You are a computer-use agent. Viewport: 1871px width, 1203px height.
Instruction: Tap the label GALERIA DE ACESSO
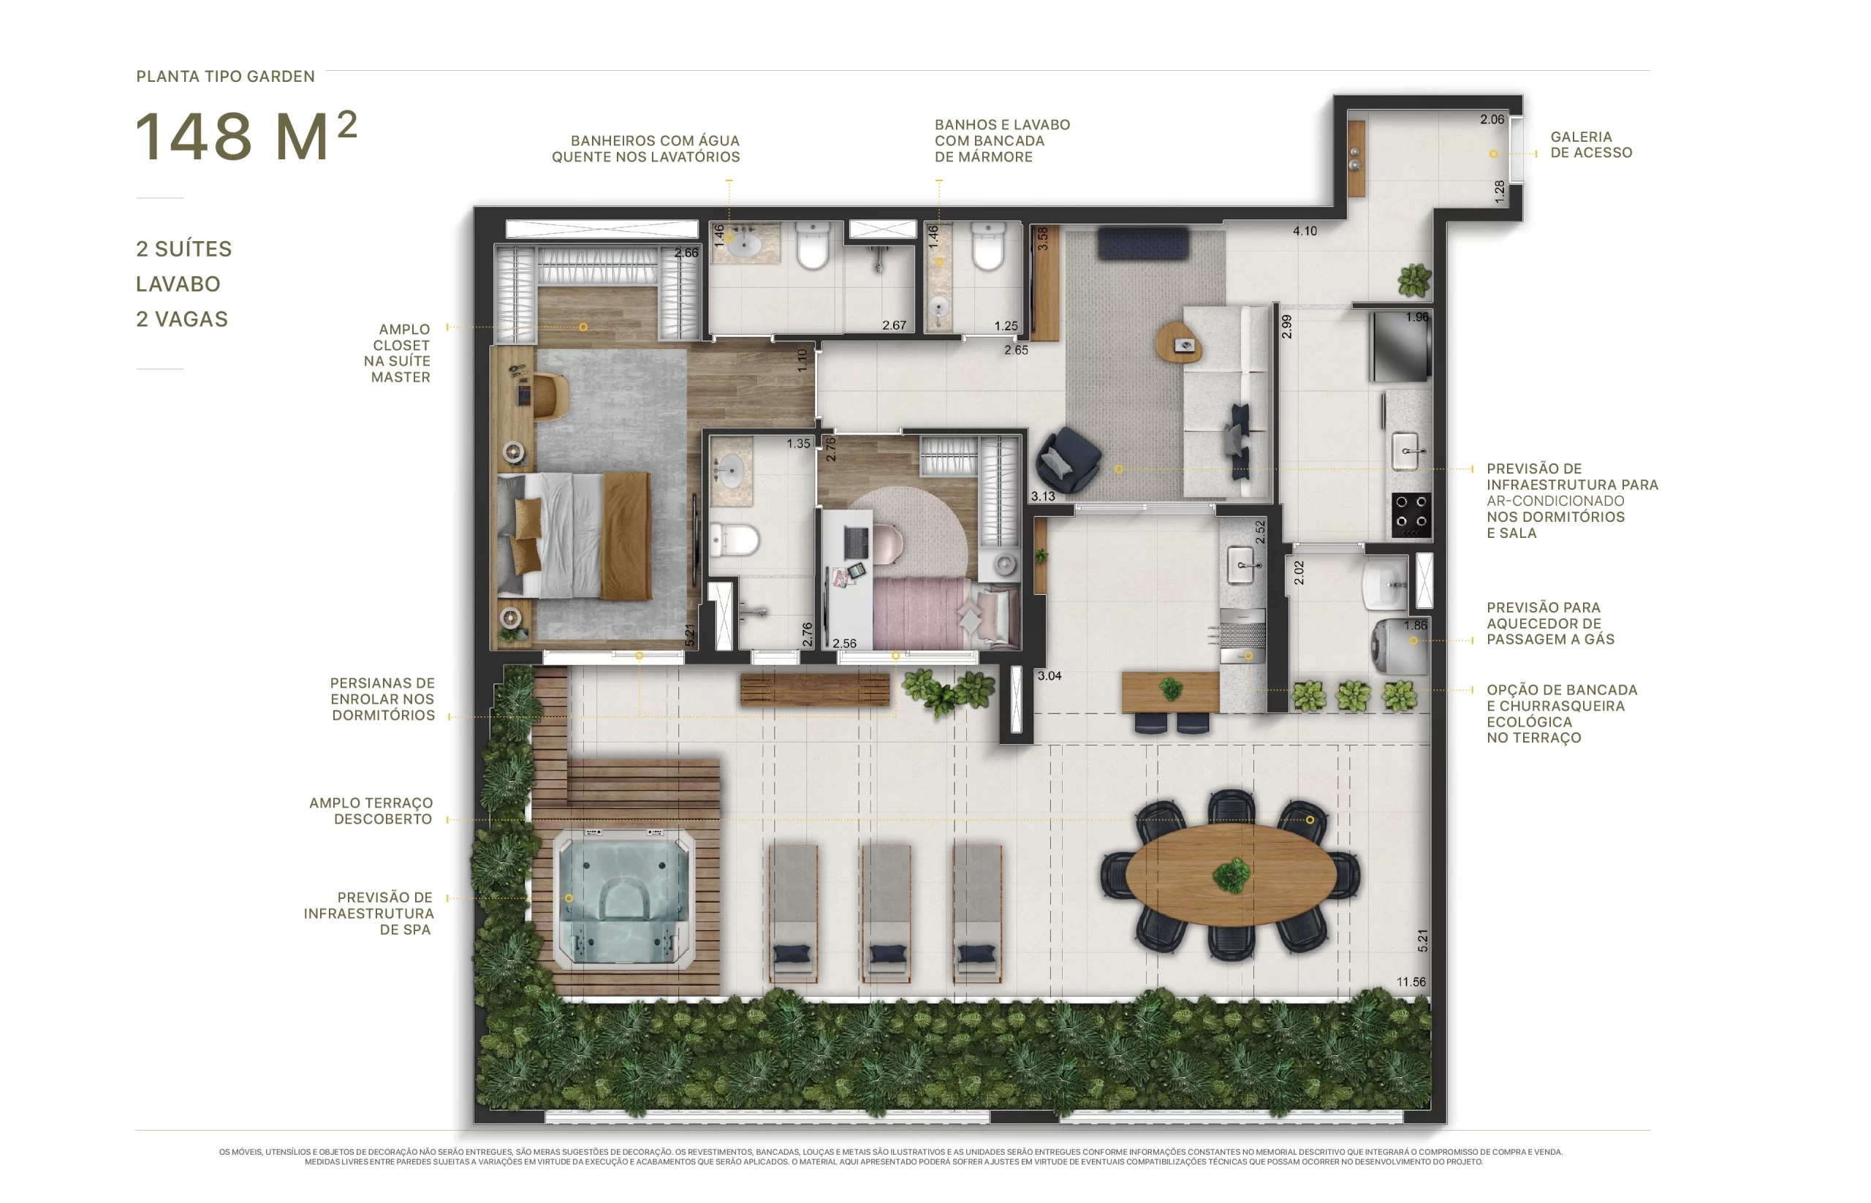pos(1590,145)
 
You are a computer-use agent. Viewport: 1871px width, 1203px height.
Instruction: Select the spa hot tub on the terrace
pos(623,898)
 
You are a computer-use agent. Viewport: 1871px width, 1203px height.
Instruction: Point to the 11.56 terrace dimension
pos(1410,982)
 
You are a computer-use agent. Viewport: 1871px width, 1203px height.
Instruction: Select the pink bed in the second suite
pos(945,614)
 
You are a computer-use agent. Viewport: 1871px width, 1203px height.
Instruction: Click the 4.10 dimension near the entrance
pos(1304,231)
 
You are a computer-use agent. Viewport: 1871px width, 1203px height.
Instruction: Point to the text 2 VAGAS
pos(182,319)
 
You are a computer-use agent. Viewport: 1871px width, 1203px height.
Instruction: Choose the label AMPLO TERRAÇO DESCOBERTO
pos(371,811)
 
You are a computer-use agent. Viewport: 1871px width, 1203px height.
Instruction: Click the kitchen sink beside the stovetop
pos(1406,451)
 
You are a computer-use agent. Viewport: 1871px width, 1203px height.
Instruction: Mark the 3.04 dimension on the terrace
pos(1050,676)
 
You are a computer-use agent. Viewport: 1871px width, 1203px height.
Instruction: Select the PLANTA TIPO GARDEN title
pos(225,77)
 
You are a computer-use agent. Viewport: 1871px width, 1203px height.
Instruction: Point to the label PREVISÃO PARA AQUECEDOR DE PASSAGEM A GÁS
pos(1550,623)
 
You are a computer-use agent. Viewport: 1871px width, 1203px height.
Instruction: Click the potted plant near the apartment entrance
pos(1414,281)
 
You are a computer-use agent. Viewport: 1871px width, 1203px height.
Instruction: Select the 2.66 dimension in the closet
pos(686,253)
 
